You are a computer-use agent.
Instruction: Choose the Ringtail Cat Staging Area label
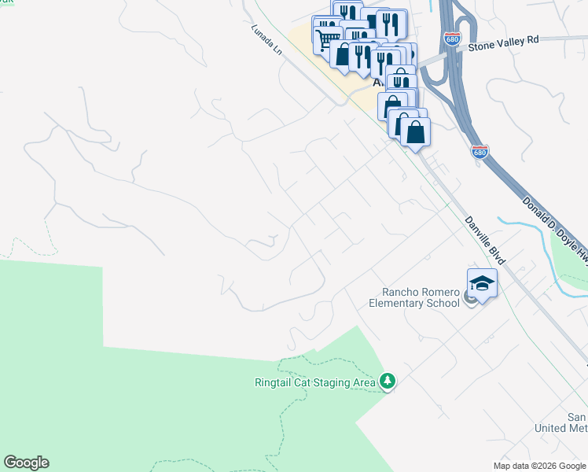[x=314, y=383]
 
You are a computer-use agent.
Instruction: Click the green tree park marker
[x=387, y=382]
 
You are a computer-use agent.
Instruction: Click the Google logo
[x=26, y=463]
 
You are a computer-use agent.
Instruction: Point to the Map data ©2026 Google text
[x=538, y=466]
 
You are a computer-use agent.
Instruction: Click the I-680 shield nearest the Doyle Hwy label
[x=480, y=151]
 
